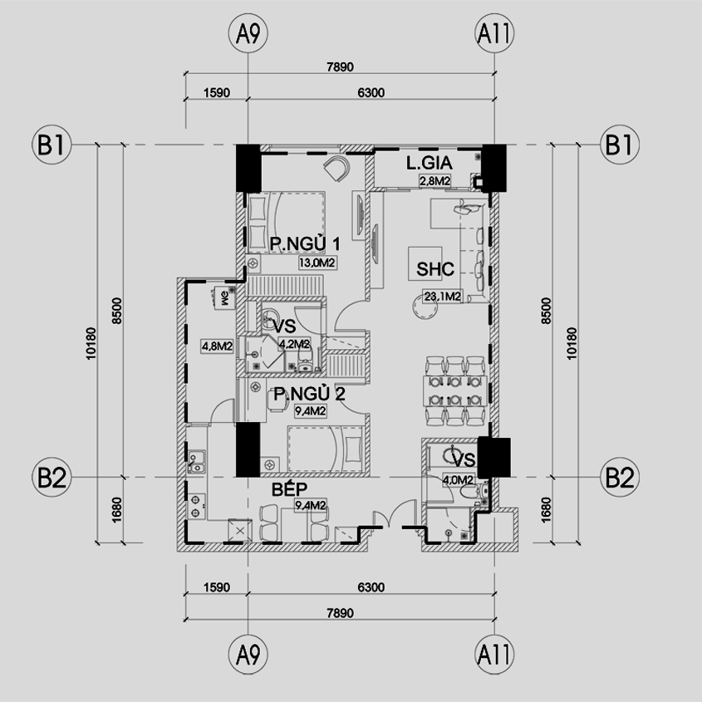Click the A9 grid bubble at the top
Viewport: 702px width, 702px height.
coord(248,33)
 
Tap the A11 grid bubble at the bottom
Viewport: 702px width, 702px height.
coord(494,655)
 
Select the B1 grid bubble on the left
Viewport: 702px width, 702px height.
coord(52,145)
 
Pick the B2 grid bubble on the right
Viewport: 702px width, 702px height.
coord(620,477)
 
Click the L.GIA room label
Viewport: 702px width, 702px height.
coord(430,163)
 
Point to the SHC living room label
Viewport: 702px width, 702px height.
coord(435,268)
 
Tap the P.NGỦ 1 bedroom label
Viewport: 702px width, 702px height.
coord(305,244)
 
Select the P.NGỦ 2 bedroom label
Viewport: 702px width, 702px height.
coord(309,395)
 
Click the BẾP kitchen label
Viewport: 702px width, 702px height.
coord(290,488)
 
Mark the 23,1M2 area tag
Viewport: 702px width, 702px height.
coord(443,297)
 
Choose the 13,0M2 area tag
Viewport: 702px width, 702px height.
coord(317,263)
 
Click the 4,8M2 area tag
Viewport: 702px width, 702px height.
coord(217,346)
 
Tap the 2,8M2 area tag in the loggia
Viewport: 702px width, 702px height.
coord(434,181)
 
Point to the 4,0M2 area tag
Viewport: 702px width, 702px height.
coord(458,480)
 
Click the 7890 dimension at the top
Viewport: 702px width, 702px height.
coord(341,67)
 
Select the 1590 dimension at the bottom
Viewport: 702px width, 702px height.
coord(217,587)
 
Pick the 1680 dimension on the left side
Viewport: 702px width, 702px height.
coord(116,510)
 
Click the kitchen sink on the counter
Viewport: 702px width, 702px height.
coord(196,462)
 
